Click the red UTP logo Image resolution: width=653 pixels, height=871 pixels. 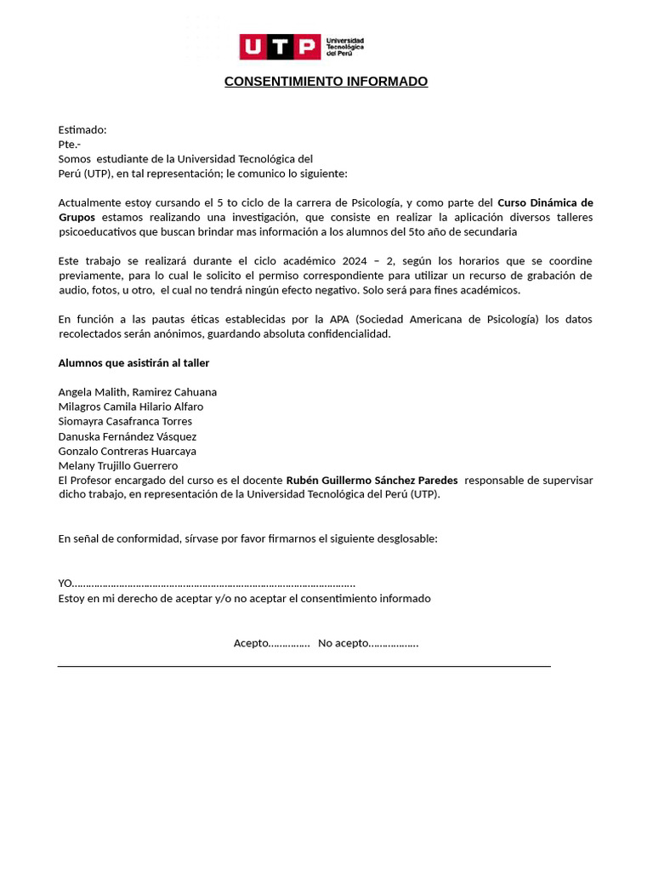(x=280, y=47)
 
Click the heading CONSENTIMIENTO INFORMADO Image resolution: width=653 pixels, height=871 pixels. (x=326, y=82)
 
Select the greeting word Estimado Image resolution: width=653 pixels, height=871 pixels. (x=82, y=130)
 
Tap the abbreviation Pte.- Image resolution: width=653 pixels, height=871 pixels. (x=69, y=145)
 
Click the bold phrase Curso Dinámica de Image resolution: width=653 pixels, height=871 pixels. (x=544, y=202)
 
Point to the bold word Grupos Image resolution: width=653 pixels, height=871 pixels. (x=77, y=217)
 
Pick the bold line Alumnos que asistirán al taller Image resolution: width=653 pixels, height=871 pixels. (x=133, y=363)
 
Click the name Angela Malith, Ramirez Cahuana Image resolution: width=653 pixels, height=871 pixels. (x=137, y=392)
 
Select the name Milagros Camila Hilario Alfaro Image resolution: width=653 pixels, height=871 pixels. (x=130, y=407)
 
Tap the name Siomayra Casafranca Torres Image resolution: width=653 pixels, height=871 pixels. (x=125, y=421)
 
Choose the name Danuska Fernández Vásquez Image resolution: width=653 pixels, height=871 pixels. (x=127, y=436)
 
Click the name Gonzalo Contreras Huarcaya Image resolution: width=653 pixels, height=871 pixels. (x=127, y=451)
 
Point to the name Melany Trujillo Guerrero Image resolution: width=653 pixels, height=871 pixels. (x=117, y=465)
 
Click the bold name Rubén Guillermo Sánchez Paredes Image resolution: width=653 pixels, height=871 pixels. (x=372, y=481)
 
